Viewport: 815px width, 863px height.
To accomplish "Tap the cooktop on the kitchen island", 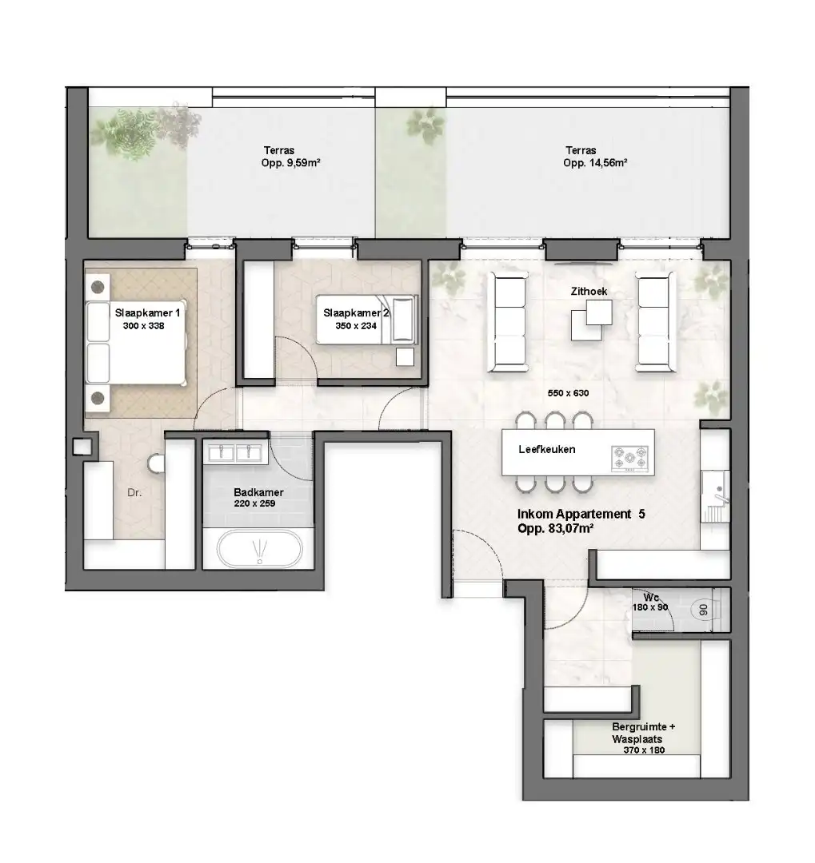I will coord(630,459).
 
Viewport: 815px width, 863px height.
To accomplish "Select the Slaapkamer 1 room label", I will coord(147,314).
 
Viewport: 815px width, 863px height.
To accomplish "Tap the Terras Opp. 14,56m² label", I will coord(593,156).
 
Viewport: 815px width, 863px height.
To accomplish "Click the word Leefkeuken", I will coord(547,449).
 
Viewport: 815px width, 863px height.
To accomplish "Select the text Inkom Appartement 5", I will coord(581,515).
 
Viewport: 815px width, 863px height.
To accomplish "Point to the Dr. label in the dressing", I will coord(134,493).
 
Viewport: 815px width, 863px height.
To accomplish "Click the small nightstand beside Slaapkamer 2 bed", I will coord(406,356).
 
